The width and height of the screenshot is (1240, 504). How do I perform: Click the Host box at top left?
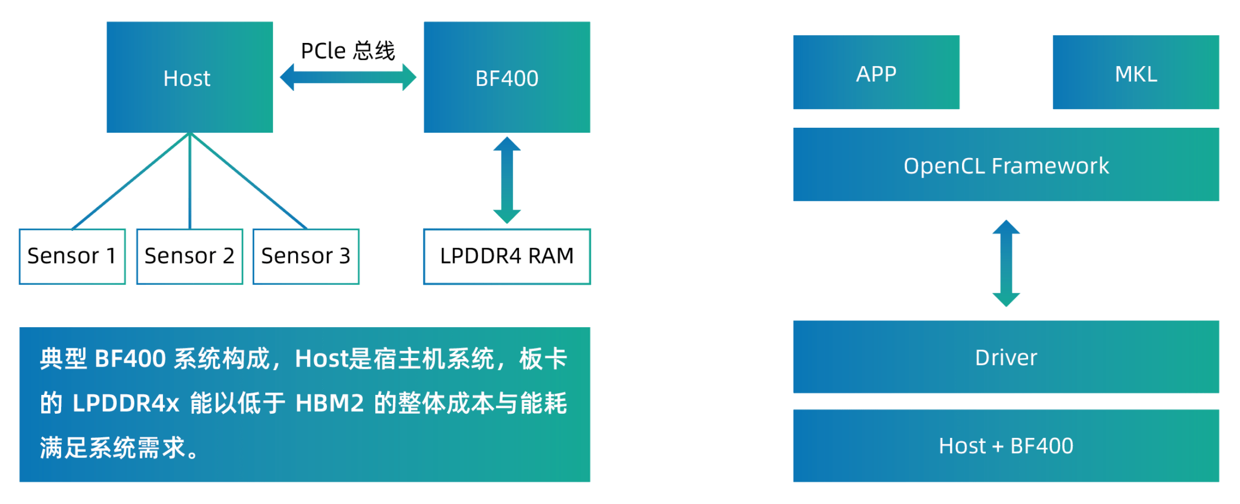pos(190,77)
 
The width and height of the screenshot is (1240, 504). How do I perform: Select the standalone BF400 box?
pos(507,77)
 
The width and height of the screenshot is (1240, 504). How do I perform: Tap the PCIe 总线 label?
pos(348,51)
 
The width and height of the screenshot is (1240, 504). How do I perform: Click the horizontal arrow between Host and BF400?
pos(348,77)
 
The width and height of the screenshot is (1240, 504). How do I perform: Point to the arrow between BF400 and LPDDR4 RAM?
pos(507,180)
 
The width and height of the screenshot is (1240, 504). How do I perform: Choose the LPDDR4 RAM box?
pos(507,256)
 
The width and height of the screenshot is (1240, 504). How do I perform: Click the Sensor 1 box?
pos(72,256)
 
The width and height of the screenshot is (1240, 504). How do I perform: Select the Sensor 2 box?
pos(190,256)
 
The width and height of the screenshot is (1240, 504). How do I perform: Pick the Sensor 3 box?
pos(306,256)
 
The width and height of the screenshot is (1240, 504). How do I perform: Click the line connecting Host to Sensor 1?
pos(130,181)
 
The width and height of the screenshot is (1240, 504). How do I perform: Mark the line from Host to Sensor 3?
pos(248,181)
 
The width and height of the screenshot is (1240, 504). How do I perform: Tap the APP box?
pos(876,73)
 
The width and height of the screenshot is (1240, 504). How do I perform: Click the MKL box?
pos(1135,73)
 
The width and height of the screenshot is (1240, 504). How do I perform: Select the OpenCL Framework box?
pos(1006,164)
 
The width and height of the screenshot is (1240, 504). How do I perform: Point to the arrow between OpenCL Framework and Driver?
pos(1006,263)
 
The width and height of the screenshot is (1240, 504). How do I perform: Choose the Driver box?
pos(1006,357)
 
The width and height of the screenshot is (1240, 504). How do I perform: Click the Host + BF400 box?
pos(1006,445)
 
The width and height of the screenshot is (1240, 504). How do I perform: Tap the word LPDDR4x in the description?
pos(126,403)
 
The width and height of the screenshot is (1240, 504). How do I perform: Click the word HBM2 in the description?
pos(329,403)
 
